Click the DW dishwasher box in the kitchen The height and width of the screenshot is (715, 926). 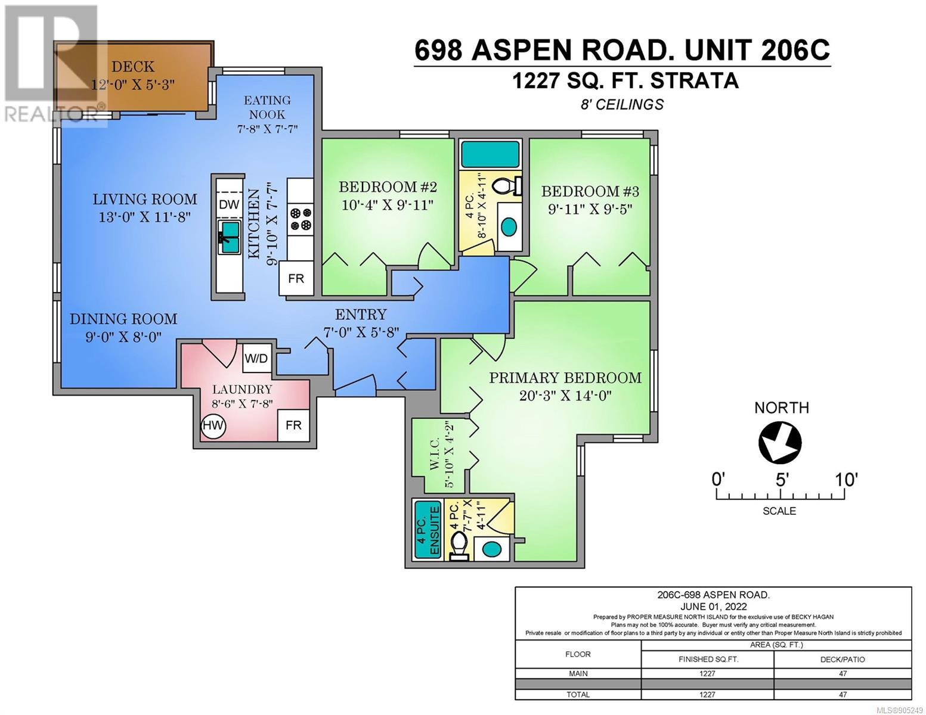click(x=229, y=204)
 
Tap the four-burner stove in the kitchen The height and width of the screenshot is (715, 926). click(x=300, y=219)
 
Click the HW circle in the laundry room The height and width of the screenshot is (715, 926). click(x=213, y=425)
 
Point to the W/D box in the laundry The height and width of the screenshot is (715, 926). click(x=256, y=358)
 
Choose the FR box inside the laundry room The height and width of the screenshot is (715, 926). click(x=293, y=425)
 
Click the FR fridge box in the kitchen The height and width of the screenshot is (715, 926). click(x=296, y=278)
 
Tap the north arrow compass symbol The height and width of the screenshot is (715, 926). click(x=780, y=443)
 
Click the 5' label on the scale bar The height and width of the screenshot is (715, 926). click(x=781, y=480)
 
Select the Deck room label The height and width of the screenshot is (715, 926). click(x=133, y=66)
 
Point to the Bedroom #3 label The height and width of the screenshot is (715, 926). click(x=590, y=191)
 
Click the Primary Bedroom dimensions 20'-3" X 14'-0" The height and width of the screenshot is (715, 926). click(x=565, y=396)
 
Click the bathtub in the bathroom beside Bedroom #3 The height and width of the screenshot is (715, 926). click(x=491, y=154)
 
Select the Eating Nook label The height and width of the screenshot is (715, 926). click(x=267, y=107)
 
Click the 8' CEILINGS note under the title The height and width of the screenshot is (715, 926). click(x=622, y=104)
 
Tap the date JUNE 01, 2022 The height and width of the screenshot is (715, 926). click(x=713, y=607)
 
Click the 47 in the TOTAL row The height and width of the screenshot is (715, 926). click(x=843, y=695)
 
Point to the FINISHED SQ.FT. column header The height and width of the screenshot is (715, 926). click(x=707, y=660)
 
